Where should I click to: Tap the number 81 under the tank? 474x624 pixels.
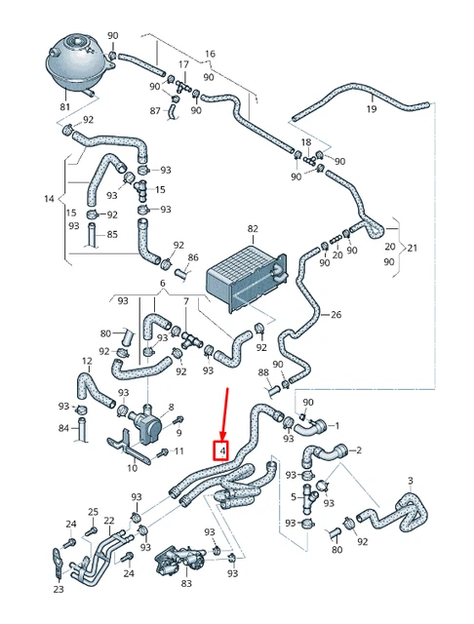click(x=65, y=107)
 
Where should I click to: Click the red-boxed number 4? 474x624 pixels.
click(x=223, y=451)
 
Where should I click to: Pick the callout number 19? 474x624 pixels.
click(x=371, y=109)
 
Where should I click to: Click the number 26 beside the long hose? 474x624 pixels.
click(x=336, y=315)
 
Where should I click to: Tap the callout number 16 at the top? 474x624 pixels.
click(x=209, y=54)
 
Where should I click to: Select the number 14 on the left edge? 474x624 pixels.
click(x=50, y=199)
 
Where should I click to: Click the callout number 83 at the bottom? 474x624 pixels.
click(x=186, y=583)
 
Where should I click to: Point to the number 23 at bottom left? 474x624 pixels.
click(x=59, y=589)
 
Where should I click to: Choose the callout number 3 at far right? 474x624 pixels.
click(x=411, y=481)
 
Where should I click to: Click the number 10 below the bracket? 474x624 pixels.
click(x=132, y=469)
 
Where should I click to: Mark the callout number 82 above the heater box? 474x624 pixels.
click(x=253, y=229)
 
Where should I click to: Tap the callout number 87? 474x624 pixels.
click(x=154, y=110)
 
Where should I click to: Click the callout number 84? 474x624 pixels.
click(x=64, y=428)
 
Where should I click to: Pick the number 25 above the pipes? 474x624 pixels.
click(x=93, y=512)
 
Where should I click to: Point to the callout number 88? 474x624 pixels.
click(x=263, y=372)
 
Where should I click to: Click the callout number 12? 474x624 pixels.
click(x=87, y=362)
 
